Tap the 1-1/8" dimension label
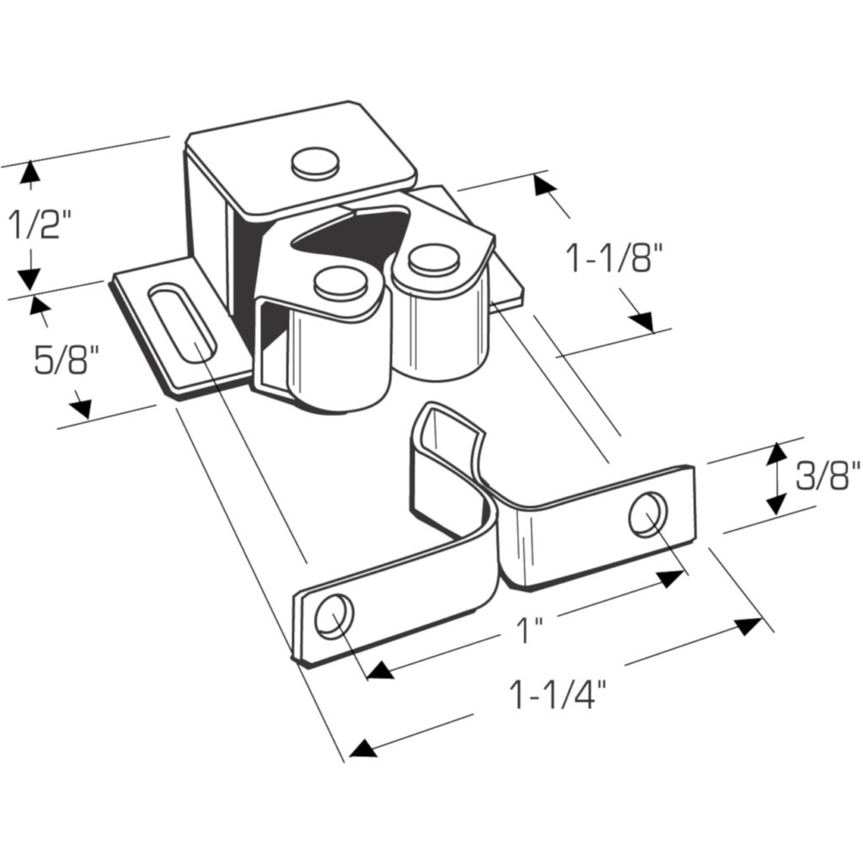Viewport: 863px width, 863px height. click(613, 259)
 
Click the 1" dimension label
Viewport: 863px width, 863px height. click(528, 630)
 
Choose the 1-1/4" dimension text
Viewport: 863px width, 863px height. click(558, 695)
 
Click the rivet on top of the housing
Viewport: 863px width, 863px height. click(317, 162)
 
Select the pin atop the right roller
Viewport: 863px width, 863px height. click(433, 257)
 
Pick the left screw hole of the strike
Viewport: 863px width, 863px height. click(332, 615)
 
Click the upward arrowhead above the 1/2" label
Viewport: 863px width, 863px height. click(29, 173)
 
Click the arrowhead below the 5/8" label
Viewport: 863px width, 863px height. click(80, 408)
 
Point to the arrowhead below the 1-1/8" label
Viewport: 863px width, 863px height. click(641, 321)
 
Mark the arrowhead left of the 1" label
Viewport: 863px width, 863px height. click(381, 670)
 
